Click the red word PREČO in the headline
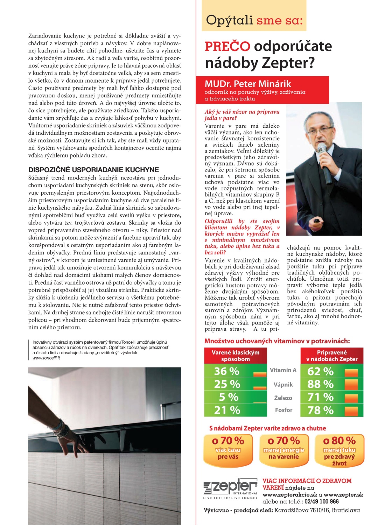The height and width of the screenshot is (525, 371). tap(227, 47)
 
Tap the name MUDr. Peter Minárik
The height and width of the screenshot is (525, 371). tap(248, 84)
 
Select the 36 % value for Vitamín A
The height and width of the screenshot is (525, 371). tap(226, 371)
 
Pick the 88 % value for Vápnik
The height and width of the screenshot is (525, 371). tap(320, 384)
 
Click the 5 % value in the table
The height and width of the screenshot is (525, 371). tap(229, 397)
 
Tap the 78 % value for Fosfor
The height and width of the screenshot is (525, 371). tap(320, 410)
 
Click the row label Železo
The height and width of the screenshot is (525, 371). tap(283, 398)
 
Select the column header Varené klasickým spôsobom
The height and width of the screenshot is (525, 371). tap(235, 356)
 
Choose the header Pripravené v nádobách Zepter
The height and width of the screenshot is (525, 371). tap(331, 356)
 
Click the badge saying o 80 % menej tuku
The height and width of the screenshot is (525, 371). tap(339, 450)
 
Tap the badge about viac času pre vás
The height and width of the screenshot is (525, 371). tap(228, 449)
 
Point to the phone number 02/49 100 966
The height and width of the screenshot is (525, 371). tap(322, 502)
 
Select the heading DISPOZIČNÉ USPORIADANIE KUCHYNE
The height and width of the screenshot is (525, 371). tap(93, 170)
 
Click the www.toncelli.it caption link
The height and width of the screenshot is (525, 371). tap(46, 358)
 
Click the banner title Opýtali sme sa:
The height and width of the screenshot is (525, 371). tap(254, 20)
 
